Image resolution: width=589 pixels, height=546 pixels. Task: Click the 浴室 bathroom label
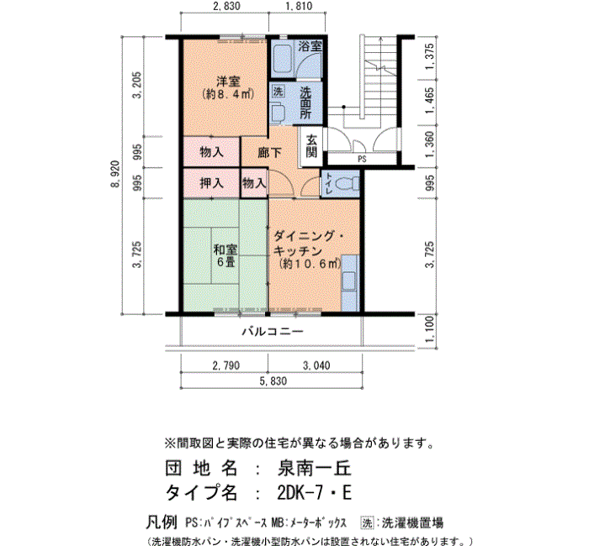point(310,46)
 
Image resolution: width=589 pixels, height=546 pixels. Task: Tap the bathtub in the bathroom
point(282,60)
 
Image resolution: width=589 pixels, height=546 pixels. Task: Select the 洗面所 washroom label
point(305,102)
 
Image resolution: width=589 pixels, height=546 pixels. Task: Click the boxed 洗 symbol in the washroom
point(278,91)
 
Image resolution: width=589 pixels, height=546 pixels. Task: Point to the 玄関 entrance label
point(311,146)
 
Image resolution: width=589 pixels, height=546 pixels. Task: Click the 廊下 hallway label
point(270,153)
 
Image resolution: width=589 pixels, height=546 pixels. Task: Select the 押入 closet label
point(211,183)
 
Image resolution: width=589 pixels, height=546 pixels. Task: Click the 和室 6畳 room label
point(226,255)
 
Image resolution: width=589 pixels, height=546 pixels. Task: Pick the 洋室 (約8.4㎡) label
point(228,87)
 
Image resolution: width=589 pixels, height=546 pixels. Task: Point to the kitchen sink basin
point(349,281)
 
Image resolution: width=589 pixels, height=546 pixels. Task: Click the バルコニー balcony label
point(273,332)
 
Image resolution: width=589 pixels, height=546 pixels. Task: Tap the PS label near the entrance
point(362,160)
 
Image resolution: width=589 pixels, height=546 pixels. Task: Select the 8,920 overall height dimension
point(116,174)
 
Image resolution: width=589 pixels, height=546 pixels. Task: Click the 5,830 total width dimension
point(273,381)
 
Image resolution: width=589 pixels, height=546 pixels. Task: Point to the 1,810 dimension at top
point(299,6)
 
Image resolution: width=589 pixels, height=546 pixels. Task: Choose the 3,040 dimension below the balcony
point(316,365)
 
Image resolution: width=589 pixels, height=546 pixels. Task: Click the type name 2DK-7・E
point(314,492)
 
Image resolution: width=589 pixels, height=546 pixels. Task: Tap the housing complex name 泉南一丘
point(314,469)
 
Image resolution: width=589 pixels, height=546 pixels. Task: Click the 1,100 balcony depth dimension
point(430,328)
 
